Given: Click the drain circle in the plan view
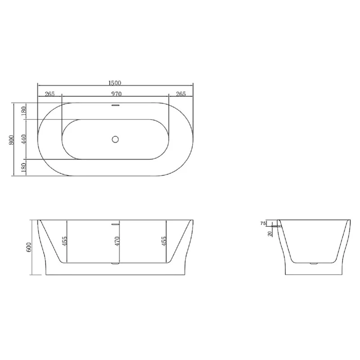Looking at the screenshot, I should (x=115, y=139).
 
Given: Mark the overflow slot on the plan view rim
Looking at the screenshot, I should (x=115, y=106).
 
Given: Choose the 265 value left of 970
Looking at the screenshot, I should (x=49, y=94).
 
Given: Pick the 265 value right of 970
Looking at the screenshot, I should (x=180, y=94).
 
